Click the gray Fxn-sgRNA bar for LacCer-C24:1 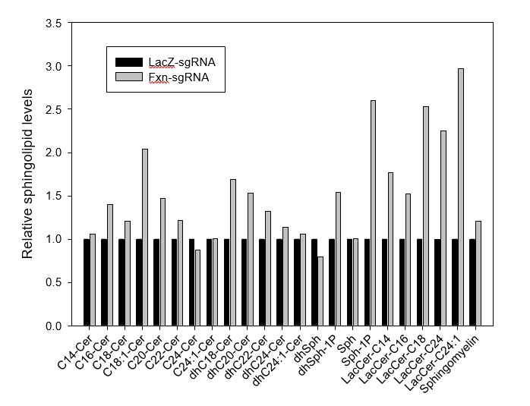(x=461, y=197)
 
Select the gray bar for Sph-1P (x=374, y=213)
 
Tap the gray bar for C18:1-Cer (x=145, y=238)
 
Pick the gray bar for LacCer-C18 (x=426, y=216)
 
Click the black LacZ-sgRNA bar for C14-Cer (x=87, y=282)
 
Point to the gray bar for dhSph (x=320, y=291)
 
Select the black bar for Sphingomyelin (x=472, y=282)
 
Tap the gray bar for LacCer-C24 (x=443, y=228)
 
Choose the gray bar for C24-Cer (x=198, y=288)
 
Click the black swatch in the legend (x=128, y=61)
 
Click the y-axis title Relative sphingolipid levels (x=27, y=175)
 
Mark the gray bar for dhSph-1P (x=338, y=259)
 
